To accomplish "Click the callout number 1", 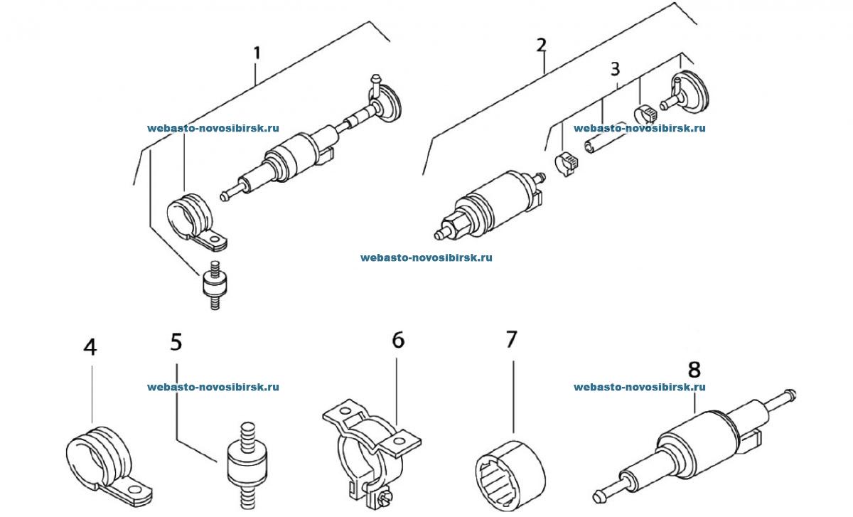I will [257, 53].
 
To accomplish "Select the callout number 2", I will [542, 46].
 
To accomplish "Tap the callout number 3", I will [615, 70].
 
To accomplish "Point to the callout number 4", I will [90, 347].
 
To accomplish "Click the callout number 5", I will [176, 341].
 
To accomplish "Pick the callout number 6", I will [398, 340].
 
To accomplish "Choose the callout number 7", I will [512, 339].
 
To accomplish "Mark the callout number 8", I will [694, 368].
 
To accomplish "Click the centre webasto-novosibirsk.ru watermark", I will [426, 257].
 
